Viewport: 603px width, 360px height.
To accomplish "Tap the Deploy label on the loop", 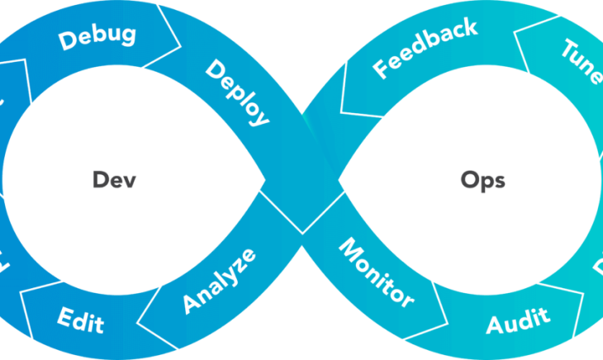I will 237,92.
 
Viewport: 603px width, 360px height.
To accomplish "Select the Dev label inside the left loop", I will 113,180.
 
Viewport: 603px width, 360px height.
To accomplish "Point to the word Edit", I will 81,319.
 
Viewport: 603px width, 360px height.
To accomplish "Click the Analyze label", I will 219,281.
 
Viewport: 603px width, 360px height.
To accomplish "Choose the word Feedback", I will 425,50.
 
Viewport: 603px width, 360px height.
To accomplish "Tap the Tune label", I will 582,62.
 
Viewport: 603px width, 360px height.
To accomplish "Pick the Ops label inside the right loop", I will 483,180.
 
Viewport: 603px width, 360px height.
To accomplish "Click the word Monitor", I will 377,272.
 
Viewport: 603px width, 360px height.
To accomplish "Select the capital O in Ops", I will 468,179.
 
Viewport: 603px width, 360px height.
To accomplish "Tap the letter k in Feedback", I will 469,30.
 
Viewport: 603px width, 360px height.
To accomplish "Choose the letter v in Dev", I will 130,181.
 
